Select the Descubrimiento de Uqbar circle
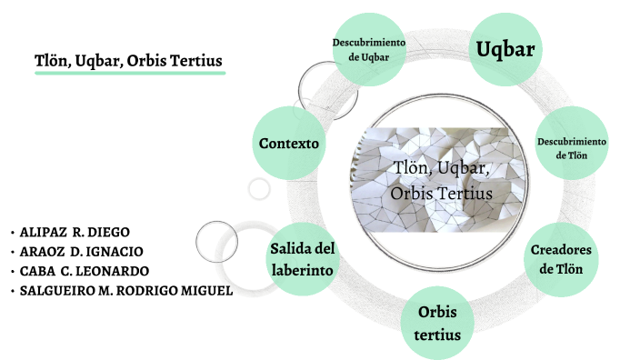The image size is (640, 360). [x=368, y=50]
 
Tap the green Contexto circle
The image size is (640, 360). [x=288, y=144]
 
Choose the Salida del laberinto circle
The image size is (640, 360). [x=303, y=258]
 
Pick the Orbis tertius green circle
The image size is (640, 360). [x=437, y=324]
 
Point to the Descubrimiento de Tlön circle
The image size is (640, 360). [x=571, y=148]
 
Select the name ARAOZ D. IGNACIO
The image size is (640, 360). [x=81, y=252]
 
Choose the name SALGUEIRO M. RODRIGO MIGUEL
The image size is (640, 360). [x=126, y=291]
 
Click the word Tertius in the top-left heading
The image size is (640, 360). [x=196, y=60]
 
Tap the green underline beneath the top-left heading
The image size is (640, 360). [x=128, y=75]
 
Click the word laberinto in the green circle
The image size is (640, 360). [x=304, y=270]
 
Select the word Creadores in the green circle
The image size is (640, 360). [x=563, y=250]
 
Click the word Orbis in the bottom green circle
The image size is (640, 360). [x=437, y=314]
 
